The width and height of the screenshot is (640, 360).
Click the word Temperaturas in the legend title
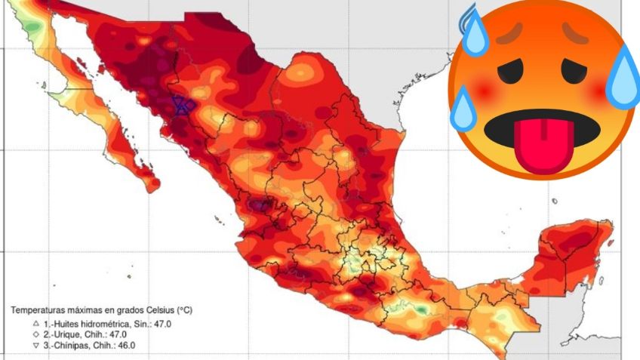(35, 310)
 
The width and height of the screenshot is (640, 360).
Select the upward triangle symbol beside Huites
(14, 322)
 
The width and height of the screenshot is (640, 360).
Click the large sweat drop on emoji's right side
(619, 78)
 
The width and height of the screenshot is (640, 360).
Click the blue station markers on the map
(182, 106)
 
